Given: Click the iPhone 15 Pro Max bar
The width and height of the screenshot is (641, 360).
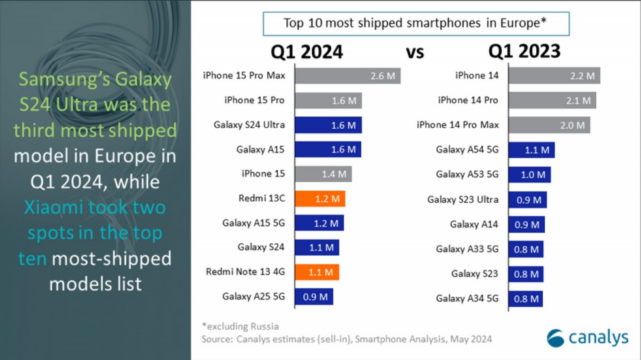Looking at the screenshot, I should point(347,76).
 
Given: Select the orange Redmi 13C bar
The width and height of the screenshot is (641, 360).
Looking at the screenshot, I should point(320,199).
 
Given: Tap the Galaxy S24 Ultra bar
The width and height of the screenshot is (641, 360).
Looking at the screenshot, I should point(328,125).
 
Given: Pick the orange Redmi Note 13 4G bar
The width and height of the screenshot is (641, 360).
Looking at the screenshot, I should point(317,272).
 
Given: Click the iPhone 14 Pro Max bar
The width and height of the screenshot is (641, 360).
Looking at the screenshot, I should point(550,125).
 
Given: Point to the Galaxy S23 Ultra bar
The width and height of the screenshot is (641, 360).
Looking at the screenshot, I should point(528,200).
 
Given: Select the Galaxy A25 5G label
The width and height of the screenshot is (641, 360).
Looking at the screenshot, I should point(253,297).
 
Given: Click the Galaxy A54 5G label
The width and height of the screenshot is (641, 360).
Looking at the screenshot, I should point(467,150).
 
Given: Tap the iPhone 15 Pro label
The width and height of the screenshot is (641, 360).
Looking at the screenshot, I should point(254,100).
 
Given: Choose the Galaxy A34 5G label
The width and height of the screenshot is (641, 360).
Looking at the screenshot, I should point(467,298).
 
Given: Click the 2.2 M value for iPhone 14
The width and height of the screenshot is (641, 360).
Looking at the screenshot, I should point(582,76).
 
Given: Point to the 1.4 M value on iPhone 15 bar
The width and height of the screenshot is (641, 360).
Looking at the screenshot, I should point(334,174).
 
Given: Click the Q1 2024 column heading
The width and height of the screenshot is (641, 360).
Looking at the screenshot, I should point(307,52).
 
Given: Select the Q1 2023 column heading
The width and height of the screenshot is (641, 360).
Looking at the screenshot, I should point(524,52).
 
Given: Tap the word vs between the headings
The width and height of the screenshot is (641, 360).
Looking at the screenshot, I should point(415,53).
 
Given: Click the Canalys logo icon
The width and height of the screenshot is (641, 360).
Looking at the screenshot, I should point(556,338).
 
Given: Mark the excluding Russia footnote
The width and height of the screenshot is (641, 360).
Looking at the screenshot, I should point(241,327).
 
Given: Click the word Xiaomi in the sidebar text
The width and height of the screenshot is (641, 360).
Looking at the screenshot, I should point(53,208).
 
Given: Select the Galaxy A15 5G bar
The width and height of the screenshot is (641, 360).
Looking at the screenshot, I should point(319,224).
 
